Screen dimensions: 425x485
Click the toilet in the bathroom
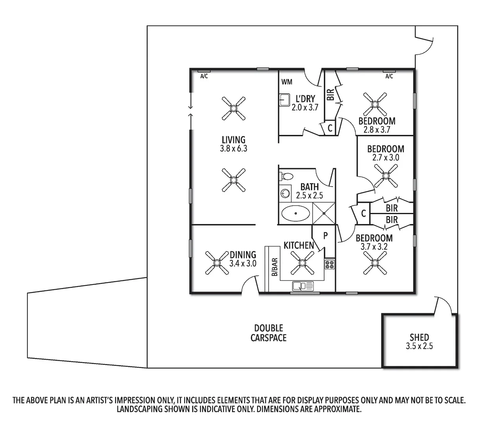pos(287,177)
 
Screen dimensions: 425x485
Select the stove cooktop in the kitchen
pos(329,264)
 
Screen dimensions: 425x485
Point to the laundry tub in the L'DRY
pos(284,100)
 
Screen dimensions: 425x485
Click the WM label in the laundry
pos(287,82)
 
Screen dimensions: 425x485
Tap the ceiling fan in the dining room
pos(217,263)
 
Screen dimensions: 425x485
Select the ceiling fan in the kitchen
pos(302,263)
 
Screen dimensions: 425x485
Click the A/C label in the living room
pos(204,76)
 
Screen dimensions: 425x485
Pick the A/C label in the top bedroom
pos(389,76)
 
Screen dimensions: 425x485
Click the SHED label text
pos(419,337)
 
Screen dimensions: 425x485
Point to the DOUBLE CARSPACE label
pos(269,333)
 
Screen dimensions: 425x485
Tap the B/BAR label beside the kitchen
pos(275,267)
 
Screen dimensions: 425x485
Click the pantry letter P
pos(326,236)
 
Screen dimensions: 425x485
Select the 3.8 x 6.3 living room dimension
pos(234,149)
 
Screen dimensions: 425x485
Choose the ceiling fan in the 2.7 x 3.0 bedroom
pos(386,175)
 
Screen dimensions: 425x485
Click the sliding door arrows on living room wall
pos(191,110)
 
